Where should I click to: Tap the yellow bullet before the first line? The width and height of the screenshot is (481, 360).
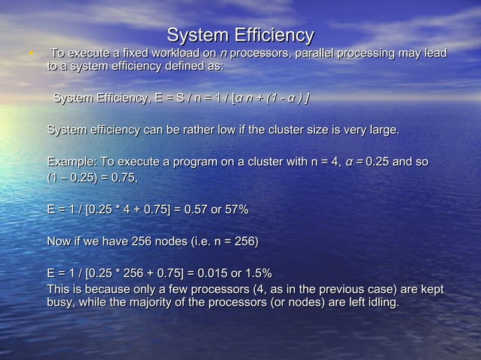(x=29, y=53)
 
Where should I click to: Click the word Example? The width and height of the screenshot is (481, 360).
(x=72, y=162)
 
